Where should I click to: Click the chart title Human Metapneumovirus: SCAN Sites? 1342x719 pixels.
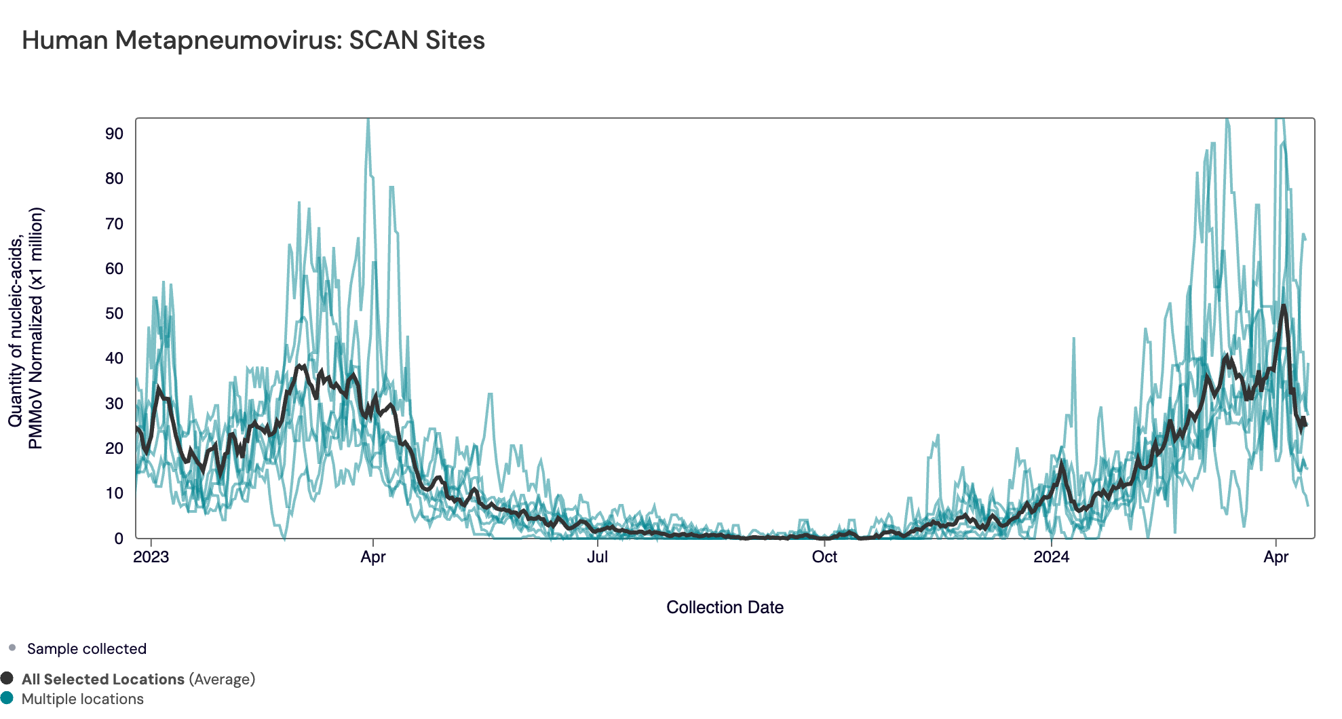[253, 41]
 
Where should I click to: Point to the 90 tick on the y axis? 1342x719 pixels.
[114, 134]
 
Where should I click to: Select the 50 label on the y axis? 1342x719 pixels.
[114, 313]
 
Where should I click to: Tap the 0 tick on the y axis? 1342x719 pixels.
[119, 539]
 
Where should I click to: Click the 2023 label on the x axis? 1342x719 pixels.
[151, 557]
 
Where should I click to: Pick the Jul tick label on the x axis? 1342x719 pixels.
[597, 557]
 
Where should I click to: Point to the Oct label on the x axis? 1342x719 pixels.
[824, 557]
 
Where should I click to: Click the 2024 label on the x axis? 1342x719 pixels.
[1051, 557]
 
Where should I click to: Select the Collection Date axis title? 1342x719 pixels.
[725, 607]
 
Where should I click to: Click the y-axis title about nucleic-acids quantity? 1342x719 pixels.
[26, 328]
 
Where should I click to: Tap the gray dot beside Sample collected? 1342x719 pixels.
[12, 648]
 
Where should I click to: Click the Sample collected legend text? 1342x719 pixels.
[87, 648]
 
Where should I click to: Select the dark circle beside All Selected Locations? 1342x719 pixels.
[7, 678]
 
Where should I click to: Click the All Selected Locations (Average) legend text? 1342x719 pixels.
[138, 679]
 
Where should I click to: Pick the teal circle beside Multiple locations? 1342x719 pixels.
[7, 698]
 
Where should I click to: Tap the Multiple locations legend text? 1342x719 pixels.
[83, 699]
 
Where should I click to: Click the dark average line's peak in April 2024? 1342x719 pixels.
[1284, 307]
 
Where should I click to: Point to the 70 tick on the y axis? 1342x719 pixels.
[114, 224]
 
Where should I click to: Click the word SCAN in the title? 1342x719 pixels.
[383, 41]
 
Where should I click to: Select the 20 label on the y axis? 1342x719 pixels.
[114, 448]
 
